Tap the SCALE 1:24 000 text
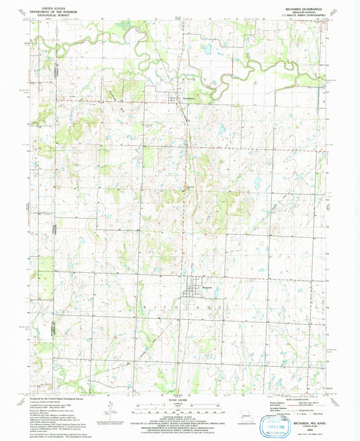[179, 392]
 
